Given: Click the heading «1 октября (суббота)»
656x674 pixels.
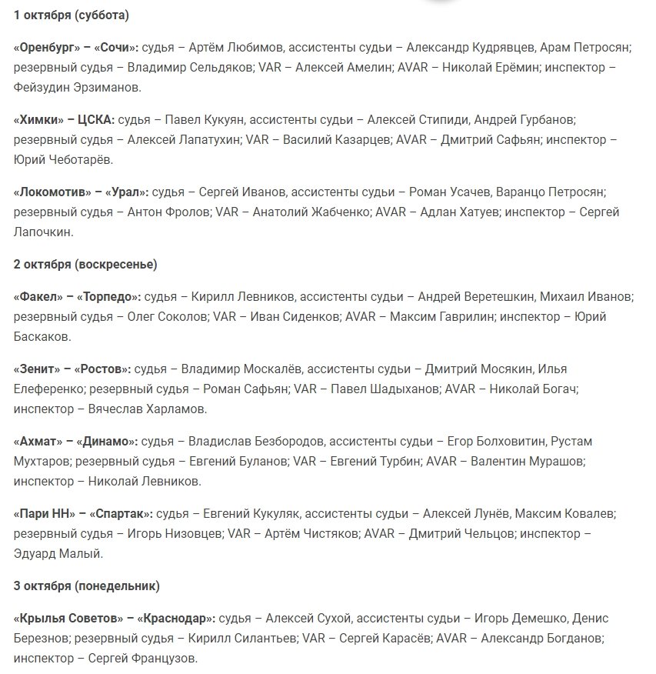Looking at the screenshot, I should pos(72,15).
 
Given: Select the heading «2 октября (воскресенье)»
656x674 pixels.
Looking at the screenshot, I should pos(85,264).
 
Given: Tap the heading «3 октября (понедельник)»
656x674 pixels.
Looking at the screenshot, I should pos(87,586).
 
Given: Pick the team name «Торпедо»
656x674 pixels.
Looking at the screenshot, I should pos(109,296).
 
